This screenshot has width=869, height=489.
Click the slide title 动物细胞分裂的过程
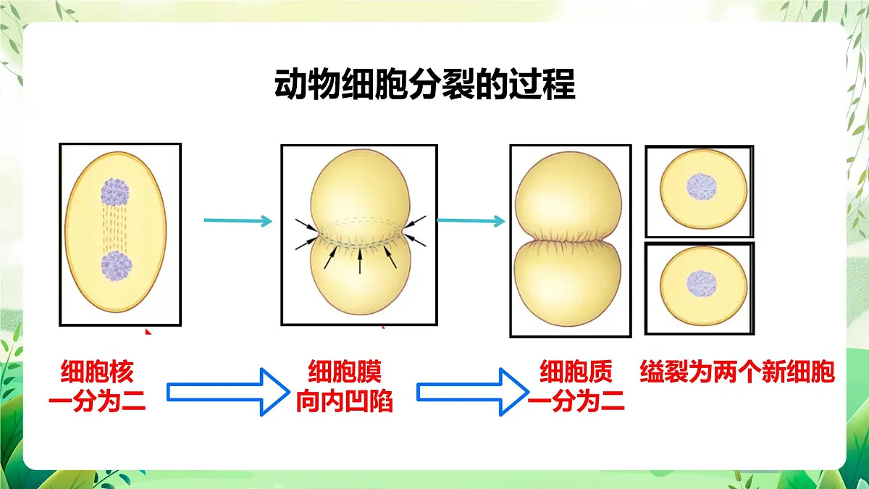424,84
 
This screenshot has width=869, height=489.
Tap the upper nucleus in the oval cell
115,192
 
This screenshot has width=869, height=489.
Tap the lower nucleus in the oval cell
117,266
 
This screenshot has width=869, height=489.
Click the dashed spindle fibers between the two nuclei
115,229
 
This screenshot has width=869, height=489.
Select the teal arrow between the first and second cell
238,221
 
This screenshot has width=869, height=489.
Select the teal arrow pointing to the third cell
471,221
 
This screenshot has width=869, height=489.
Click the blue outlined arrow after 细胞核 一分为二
228,392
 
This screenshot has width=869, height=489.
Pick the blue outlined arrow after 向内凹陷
472,392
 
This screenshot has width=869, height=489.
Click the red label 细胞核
97,372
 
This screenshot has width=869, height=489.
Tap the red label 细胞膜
345,372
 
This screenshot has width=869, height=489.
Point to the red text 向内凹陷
345,401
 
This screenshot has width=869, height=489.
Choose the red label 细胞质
576,372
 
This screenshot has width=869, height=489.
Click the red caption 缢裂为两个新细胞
737,372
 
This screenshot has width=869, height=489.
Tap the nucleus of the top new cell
702,187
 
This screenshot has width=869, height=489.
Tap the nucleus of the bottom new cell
702,284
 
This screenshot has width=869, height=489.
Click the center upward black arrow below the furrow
360,262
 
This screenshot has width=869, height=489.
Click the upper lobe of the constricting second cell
360,186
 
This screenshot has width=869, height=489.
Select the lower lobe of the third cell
568,283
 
